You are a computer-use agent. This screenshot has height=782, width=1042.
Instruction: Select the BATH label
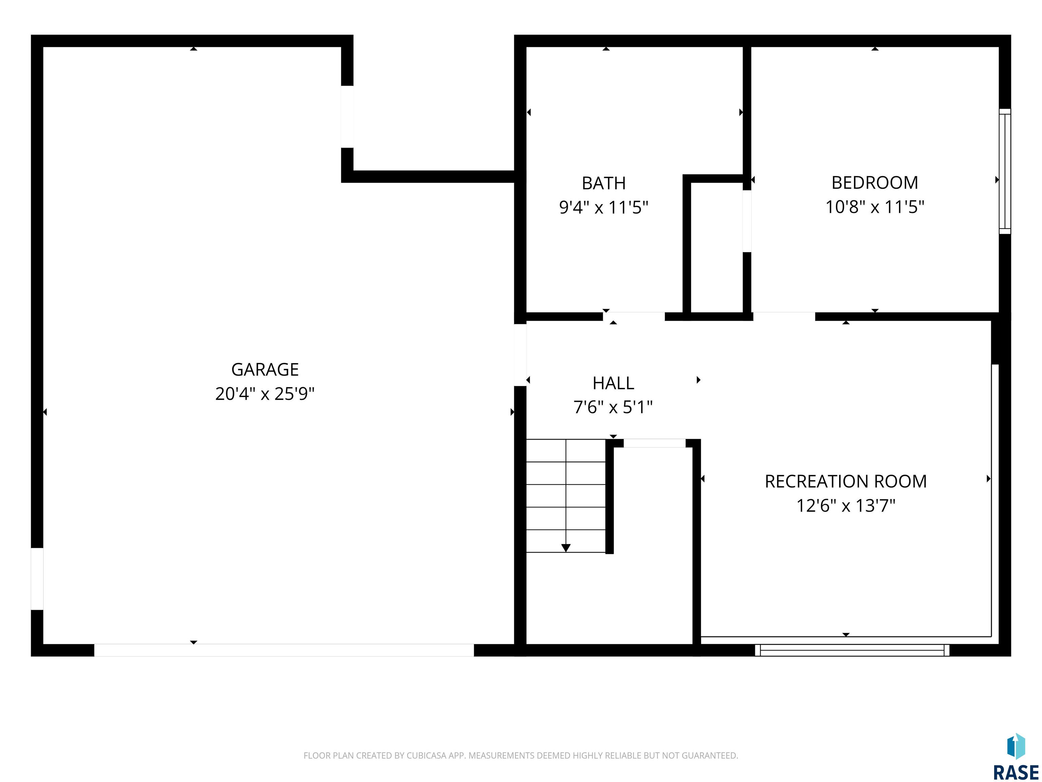[603, 183]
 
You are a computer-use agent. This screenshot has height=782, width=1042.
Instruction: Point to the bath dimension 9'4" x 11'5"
[603, 207]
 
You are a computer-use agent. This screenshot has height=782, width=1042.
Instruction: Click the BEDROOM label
[875, 182]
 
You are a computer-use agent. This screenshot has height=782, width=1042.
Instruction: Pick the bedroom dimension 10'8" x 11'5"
[875, 206]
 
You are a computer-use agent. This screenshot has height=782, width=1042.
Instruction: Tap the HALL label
[613, 383]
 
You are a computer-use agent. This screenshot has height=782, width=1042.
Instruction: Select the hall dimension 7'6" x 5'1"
[613, 407]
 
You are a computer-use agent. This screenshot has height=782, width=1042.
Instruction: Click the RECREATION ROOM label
[846, 481]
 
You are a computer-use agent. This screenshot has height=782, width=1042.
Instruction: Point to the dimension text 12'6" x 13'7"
[846, 506]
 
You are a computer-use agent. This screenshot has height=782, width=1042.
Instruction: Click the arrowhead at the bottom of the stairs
[566, 548]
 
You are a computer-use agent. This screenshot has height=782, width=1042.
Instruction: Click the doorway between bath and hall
[634, 316]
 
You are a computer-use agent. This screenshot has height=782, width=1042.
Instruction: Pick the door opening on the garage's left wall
[37, 579]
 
